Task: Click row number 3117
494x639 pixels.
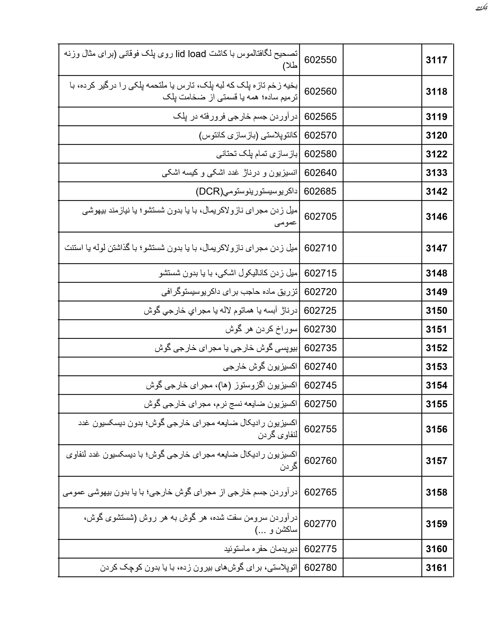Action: (436, 60)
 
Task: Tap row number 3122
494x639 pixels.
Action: (436, 154)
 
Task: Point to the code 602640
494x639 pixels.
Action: (320, 173)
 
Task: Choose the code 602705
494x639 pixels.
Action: (320, 216)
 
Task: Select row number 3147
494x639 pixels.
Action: (436, 248)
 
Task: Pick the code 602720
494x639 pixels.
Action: (320, 292)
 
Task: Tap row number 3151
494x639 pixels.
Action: (436, 329)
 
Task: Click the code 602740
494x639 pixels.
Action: (320, 367)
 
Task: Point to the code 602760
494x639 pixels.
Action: (320, 460)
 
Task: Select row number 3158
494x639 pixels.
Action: (436, 492)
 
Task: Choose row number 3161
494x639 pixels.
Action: (436, 568)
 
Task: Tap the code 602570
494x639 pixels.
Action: (320, 135)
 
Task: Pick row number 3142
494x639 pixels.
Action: (436, 191)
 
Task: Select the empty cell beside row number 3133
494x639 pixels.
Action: (382, 173)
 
